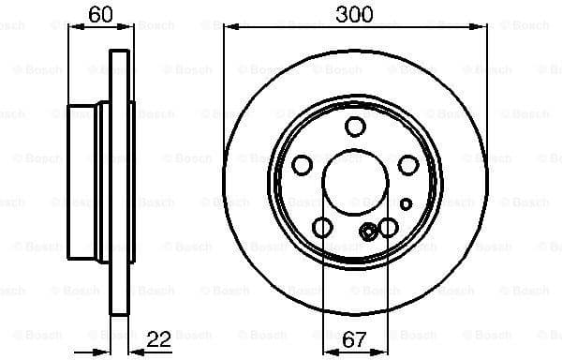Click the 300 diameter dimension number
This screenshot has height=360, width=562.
[x=355, y=14]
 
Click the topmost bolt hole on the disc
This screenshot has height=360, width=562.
[x=355, y=127]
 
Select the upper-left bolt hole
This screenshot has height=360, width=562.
[x=302, y=165]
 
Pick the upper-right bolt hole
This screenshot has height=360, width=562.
[x=407, y=165]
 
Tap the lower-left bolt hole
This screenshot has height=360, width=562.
[x=322, y=227]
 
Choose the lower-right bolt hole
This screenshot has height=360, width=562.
[x=388, y=227]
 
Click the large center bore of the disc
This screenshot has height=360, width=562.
[x=355, y=183]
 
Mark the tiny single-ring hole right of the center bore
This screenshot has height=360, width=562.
[x=406, y=202]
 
